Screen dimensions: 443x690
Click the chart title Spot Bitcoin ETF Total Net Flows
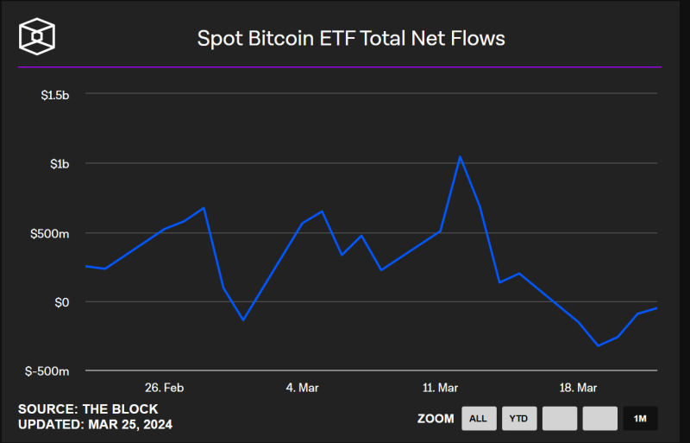pyautogui.click(x=351, y=38)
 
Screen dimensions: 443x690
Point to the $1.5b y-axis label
pyautogui.click(x=54, y=94)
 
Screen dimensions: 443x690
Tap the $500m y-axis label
pyautogui.click(x=50, y=233)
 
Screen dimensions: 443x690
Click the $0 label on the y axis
pyautogui.click(x=61, y=302)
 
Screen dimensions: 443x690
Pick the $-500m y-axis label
pyautogui.click(x=47, y=371)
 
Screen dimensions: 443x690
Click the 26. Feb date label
pyautogui.click(x=163, y=388)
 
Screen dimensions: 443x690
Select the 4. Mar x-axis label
pyautogui.click(x=302, y=388)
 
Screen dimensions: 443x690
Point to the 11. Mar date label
pyautogui.click(x=440, y=388)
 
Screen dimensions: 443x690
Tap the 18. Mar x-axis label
pyautogui.click(x=578, y=388)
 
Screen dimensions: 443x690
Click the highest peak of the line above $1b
pyautogui.click(x=460, y=157)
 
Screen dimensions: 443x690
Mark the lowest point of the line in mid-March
pyautogui.click(x=598, y=345)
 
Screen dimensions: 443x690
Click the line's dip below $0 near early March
pyautogui.click(x=243, y=320)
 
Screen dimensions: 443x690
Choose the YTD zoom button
pyautogui.click(x=519, y=419)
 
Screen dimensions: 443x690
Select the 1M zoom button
pyautogui.click(x=640, y=419)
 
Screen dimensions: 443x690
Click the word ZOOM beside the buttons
pyautogui.click(x=436, y=419)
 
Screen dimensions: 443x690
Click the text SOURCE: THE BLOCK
pyautogui.click(x=88, y=409)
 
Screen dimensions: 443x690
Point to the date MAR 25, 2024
pyautogui.click(x=130, y=425)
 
